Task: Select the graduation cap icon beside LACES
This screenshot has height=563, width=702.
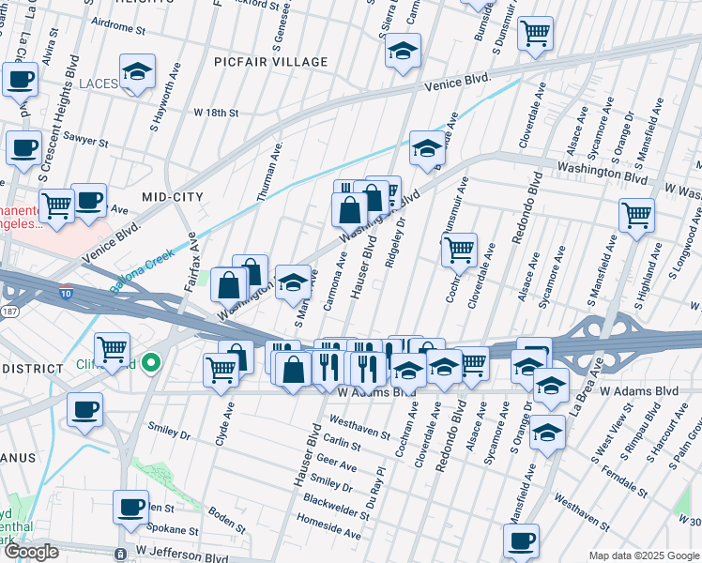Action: (x=137, y=73)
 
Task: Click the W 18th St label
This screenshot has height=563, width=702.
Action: (x=217, y=113)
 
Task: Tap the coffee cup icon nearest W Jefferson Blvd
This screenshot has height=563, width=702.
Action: (x=130, y=508)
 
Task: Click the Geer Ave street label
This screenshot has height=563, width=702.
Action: (x=338, y=465)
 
